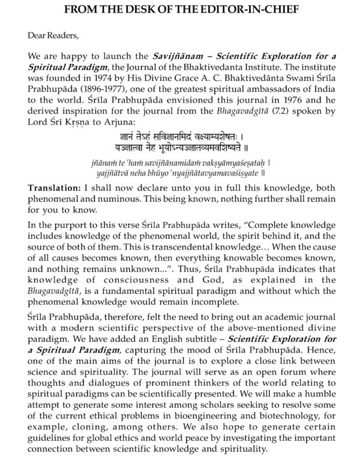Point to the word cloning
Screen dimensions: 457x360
coord(96,420)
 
